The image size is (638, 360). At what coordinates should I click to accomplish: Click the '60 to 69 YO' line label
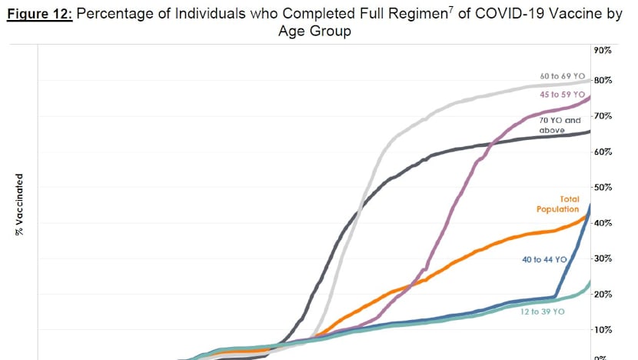(563, 77)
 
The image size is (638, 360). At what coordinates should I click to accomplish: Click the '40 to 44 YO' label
(543, 260)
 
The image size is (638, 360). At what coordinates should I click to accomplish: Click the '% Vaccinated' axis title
(18, 203)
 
